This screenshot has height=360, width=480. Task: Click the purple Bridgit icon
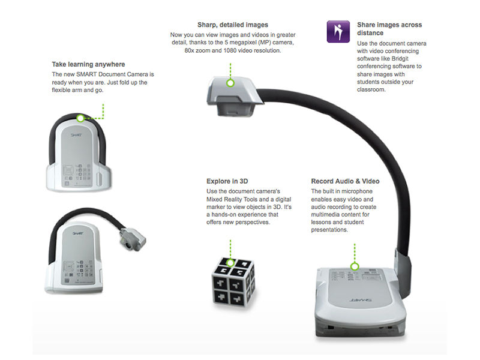point(338,31)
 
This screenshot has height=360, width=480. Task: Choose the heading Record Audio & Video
point(345,181)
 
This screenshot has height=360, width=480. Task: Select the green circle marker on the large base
point(355,266)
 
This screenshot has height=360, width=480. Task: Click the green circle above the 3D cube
point(229,257)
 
